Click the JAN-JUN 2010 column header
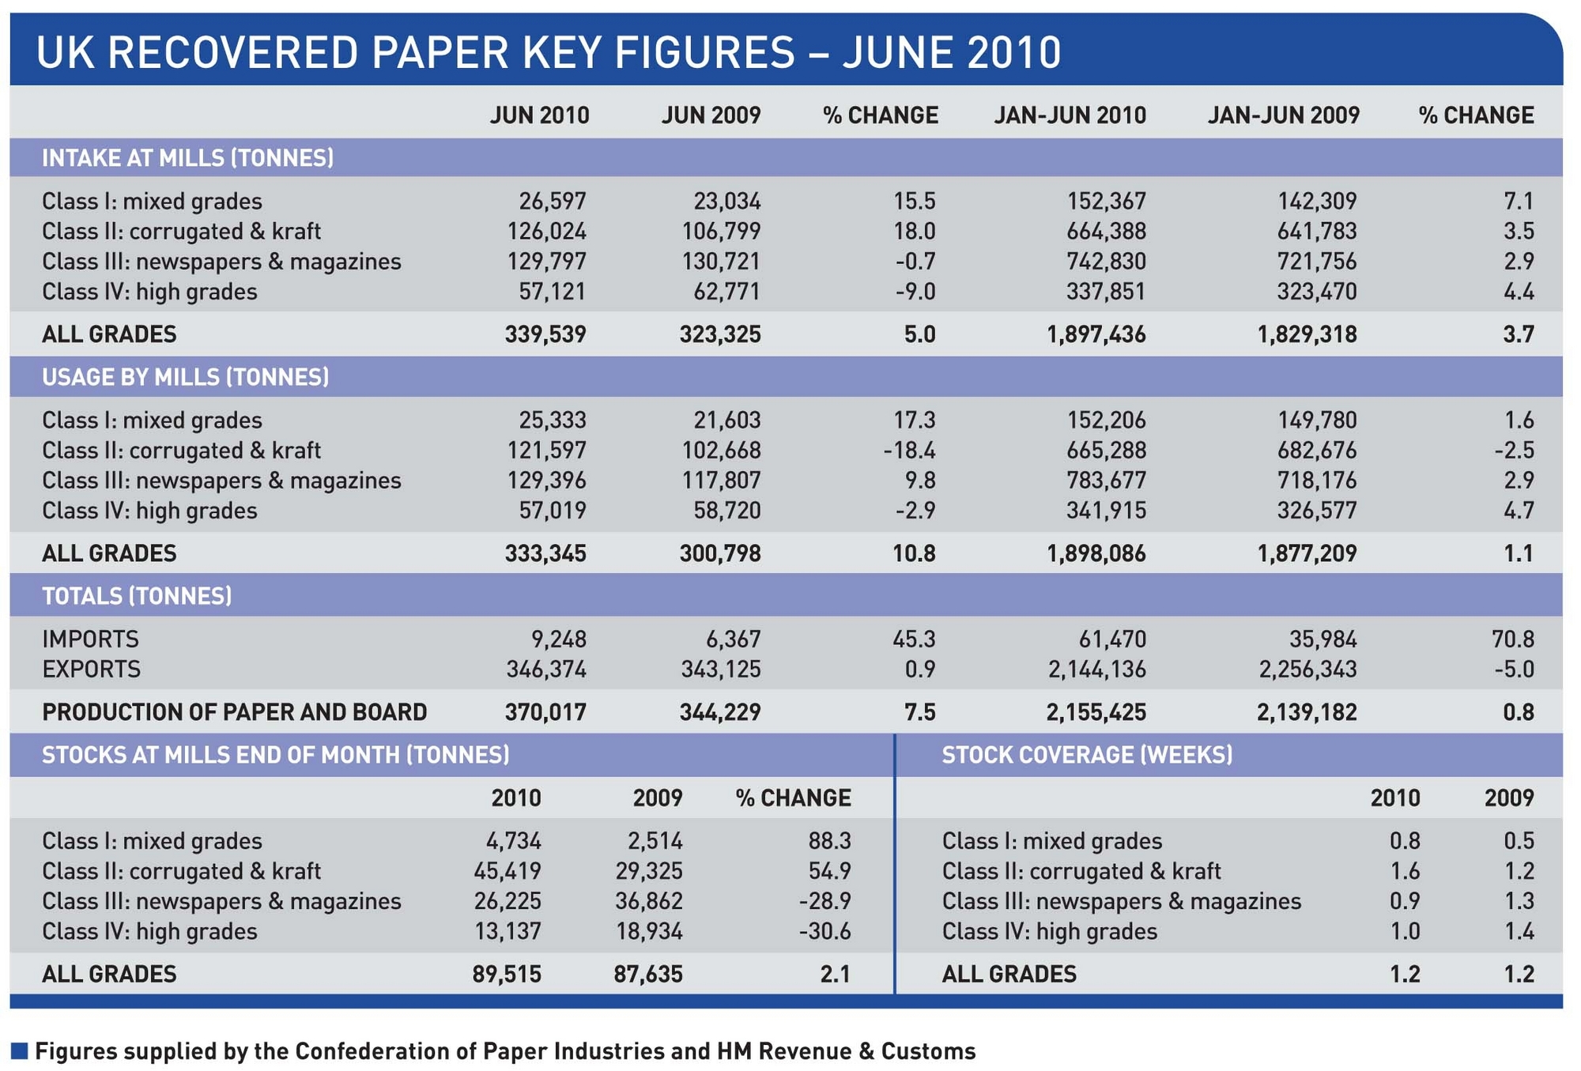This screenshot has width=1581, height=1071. [1070, 115]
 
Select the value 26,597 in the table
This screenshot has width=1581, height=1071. [552, 201]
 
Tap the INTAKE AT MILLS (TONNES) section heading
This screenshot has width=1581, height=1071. [187, 158]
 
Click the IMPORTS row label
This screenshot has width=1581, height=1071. [90, 639]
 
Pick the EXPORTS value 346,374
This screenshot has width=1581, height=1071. [546, 669]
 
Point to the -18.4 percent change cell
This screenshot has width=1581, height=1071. [909, 451]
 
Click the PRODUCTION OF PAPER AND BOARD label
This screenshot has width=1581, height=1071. [234, 712]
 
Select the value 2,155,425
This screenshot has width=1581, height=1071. [1096, 712]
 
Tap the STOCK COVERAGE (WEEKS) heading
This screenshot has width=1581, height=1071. [1087, 755]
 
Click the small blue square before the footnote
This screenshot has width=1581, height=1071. [20, 1051]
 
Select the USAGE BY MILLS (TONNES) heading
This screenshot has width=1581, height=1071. [185, 377]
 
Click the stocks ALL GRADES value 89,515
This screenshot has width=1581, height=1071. [507, 974]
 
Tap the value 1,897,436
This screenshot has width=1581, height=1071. [1096, 334]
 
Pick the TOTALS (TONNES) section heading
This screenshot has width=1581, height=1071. [137, 596]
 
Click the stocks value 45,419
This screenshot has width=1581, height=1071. [507, 871]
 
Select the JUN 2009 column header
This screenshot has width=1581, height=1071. [711, 115]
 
